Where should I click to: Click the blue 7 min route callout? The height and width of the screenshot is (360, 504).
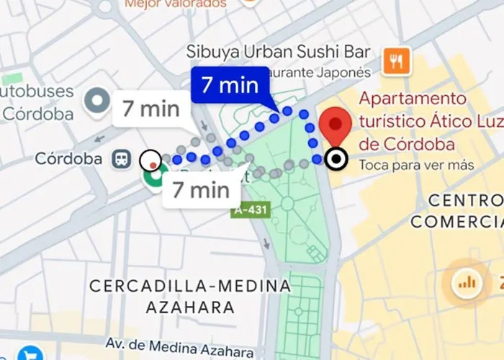pyautogui.click(x=230, y=85)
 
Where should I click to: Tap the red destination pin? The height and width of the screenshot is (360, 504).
pyautogui.click(x=336, y=124)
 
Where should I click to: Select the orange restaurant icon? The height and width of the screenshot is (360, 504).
pyautogui.click(x=396, y=61)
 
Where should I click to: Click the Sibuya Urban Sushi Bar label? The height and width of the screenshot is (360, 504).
pyautogui.click(x=279, y=52)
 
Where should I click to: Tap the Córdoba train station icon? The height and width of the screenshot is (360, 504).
pyautogui.click(x=122, y=159)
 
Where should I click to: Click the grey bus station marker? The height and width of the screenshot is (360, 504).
pyautogui.click(x=96, y=102)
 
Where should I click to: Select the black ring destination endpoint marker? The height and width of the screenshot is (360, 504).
pyautogui.click(x=336, y=160)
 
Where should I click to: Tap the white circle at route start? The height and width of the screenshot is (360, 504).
pyautogui.click(x=151, y=160)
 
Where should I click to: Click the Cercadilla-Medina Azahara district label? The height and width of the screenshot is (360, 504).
pyautogui.click(x=190, y=296)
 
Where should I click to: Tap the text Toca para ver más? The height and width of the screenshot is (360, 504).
pyautogui.click(x=416, y=166)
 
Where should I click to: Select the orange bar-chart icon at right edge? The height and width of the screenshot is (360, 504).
pyautogui.click(x=467, y=282)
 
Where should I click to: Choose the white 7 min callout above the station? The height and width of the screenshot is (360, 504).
pyautogui.click(x=150, y=109)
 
